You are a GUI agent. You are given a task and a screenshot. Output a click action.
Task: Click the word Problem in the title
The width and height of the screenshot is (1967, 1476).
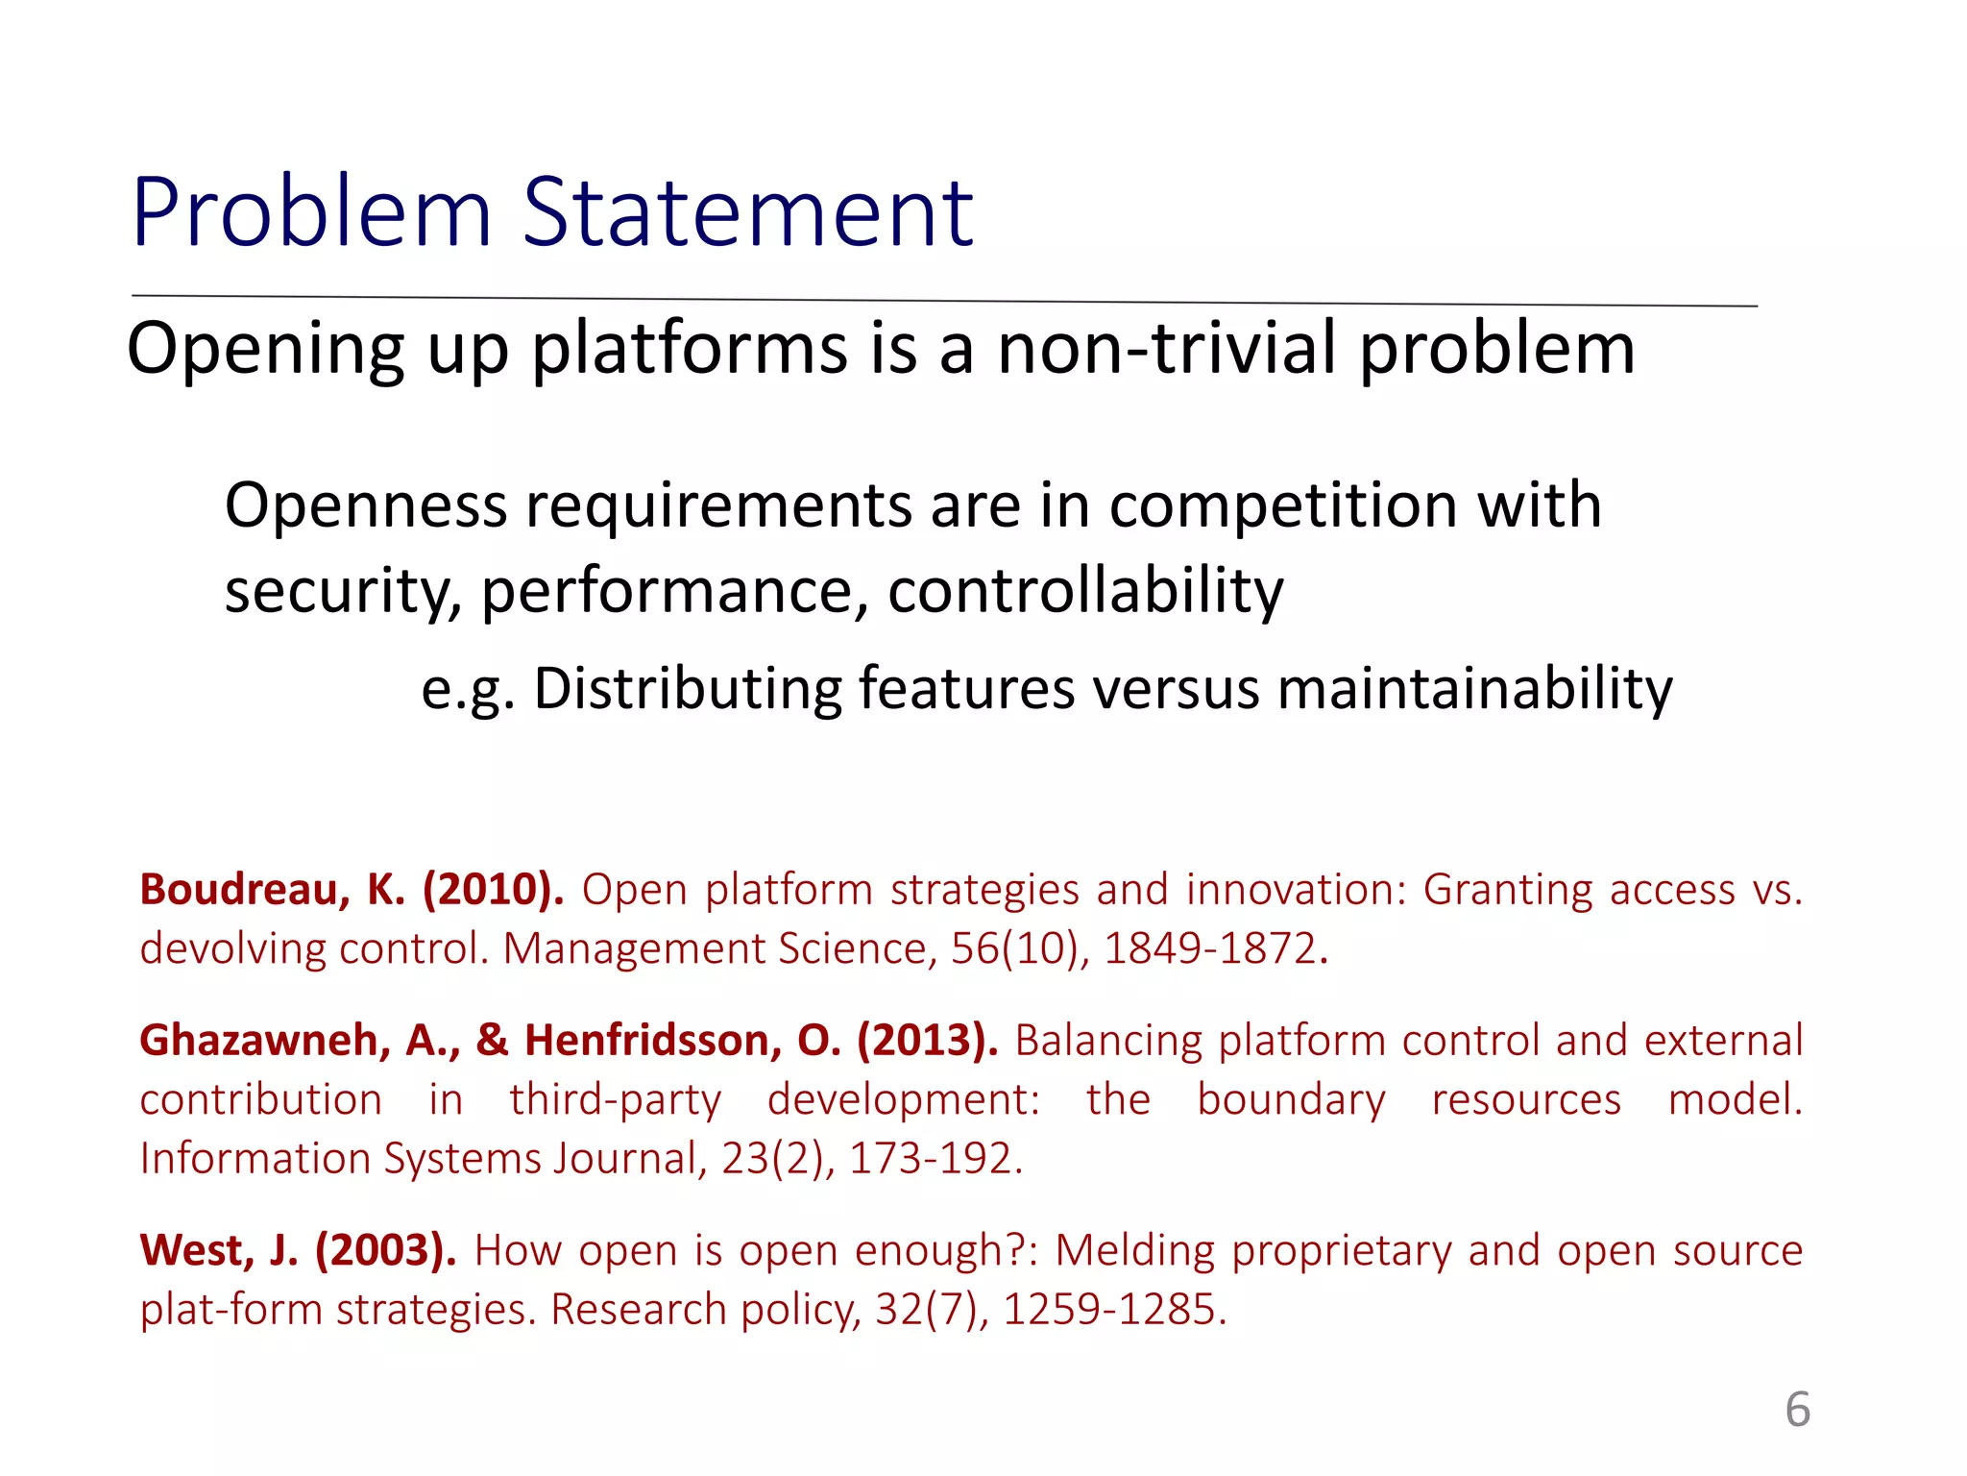point(311,213)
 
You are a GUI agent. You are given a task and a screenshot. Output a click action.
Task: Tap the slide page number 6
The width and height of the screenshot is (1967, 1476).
point(1797,1410)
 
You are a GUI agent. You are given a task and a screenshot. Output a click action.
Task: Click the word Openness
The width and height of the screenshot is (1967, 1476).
point(365,505)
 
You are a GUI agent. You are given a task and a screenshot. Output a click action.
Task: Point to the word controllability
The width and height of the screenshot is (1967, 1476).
point(1085,590)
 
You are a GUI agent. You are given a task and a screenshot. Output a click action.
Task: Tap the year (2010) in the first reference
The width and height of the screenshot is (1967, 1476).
point(493,890)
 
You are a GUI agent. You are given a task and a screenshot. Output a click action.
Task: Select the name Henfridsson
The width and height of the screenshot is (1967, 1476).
point(652,1041)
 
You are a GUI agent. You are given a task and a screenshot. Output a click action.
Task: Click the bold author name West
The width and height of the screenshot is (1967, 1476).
point(195,1251)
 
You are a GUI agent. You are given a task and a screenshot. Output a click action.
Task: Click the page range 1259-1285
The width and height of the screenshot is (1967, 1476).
point(1113,1310)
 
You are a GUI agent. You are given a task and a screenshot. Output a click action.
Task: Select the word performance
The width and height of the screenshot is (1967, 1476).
point(668,590)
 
